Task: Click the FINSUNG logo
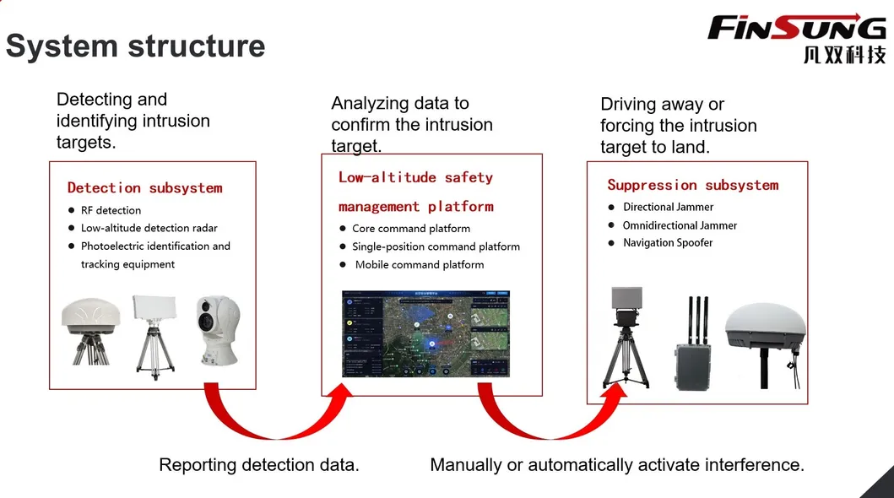pyautogui.click(x=796, y=28)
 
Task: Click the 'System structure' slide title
pyautogui.click(x=135, y=46)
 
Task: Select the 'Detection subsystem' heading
pyautogui.click(x=144, y=187)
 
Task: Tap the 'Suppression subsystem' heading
pyautogui.click(x=692, y=185)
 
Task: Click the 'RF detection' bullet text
pyautogui.click(x=111, y=210)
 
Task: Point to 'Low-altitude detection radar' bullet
pyautogui.click(x=149, y=228)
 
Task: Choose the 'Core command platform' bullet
pyautogui.click(x=411, y=228)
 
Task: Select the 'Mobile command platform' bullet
pyautogui.click(x=420, y=264)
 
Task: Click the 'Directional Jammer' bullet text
pyautogui.click(x=668, y=207)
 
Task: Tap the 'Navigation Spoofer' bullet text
pyautogui.click(x=668, y=242)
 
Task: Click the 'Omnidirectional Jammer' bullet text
pyautogui.click(x=680, y=225)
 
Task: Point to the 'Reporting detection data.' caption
pyautogui.click(x=259, y=464)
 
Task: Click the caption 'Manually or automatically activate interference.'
pyautogui.click(x=617, y=464)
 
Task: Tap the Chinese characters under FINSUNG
pyautogui.click(x=844, y=55)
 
